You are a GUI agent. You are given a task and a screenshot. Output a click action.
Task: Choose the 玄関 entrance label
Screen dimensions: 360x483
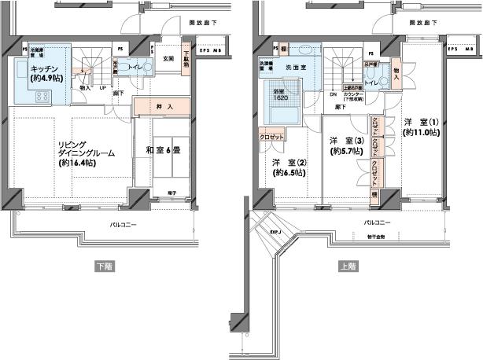click(x=168, y=58)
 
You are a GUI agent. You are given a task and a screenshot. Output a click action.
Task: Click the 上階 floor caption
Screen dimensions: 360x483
click(x=347, y=266)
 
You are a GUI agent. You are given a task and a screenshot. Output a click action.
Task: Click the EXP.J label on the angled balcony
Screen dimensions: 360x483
click(x=276, y=233)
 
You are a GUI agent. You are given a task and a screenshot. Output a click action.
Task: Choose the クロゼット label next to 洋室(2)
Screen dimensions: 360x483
click(x=271, y=136)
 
